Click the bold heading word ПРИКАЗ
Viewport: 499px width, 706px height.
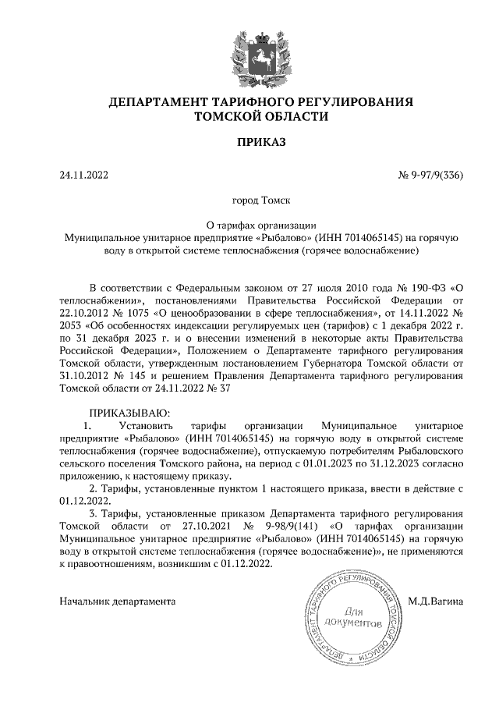pos(249,142)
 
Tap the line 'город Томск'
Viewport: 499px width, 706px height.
pos(249,200)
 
